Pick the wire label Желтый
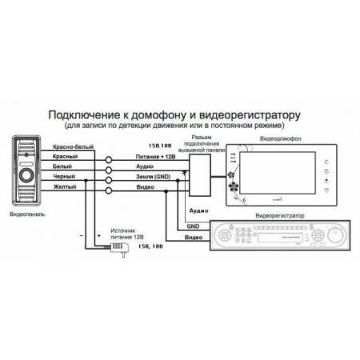[x=63, y=186]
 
